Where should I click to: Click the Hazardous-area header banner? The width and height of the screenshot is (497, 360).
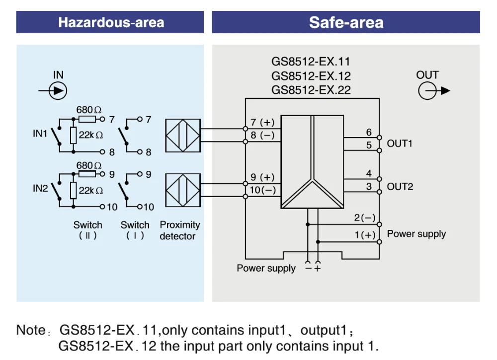tap(110, 22)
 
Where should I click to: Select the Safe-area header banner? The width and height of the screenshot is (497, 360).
tap(346, 22)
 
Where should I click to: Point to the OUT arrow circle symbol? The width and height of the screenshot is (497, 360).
tap(427, 91)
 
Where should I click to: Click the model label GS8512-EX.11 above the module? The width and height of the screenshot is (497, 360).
tap(311, 62)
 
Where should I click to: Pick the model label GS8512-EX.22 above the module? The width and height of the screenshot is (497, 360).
tap(311, 90)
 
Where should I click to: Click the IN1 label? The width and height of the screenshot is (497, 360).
tap(40, 134)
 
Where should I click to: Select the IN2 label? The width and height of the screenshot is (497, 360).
tap(40, 188)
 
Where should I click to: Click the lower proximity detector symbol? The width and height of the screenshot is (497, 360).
tap(182, 190)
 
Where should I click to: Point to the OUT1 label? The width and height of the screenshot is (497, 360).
tap(400, 144)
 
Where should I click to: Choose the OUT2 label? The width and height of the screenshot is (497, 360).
tap(400, 187)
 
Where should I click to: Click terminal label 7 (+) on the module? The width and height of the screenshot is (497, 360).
tap(262, 123)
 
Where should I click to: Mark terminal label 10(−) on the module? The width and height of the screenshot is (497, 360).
tap(262, 190)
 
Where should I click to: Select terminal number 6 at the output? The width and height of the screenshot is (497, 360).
tap(369, 132)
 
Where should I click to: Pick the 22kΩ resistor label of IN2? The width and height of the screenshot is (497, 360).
tap(91, 190)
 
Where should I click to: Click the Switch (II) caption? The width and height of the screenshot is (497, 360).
tap(87, 230)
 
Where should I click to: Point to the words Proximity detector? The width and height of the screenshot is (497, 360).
tap(179, 230)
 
